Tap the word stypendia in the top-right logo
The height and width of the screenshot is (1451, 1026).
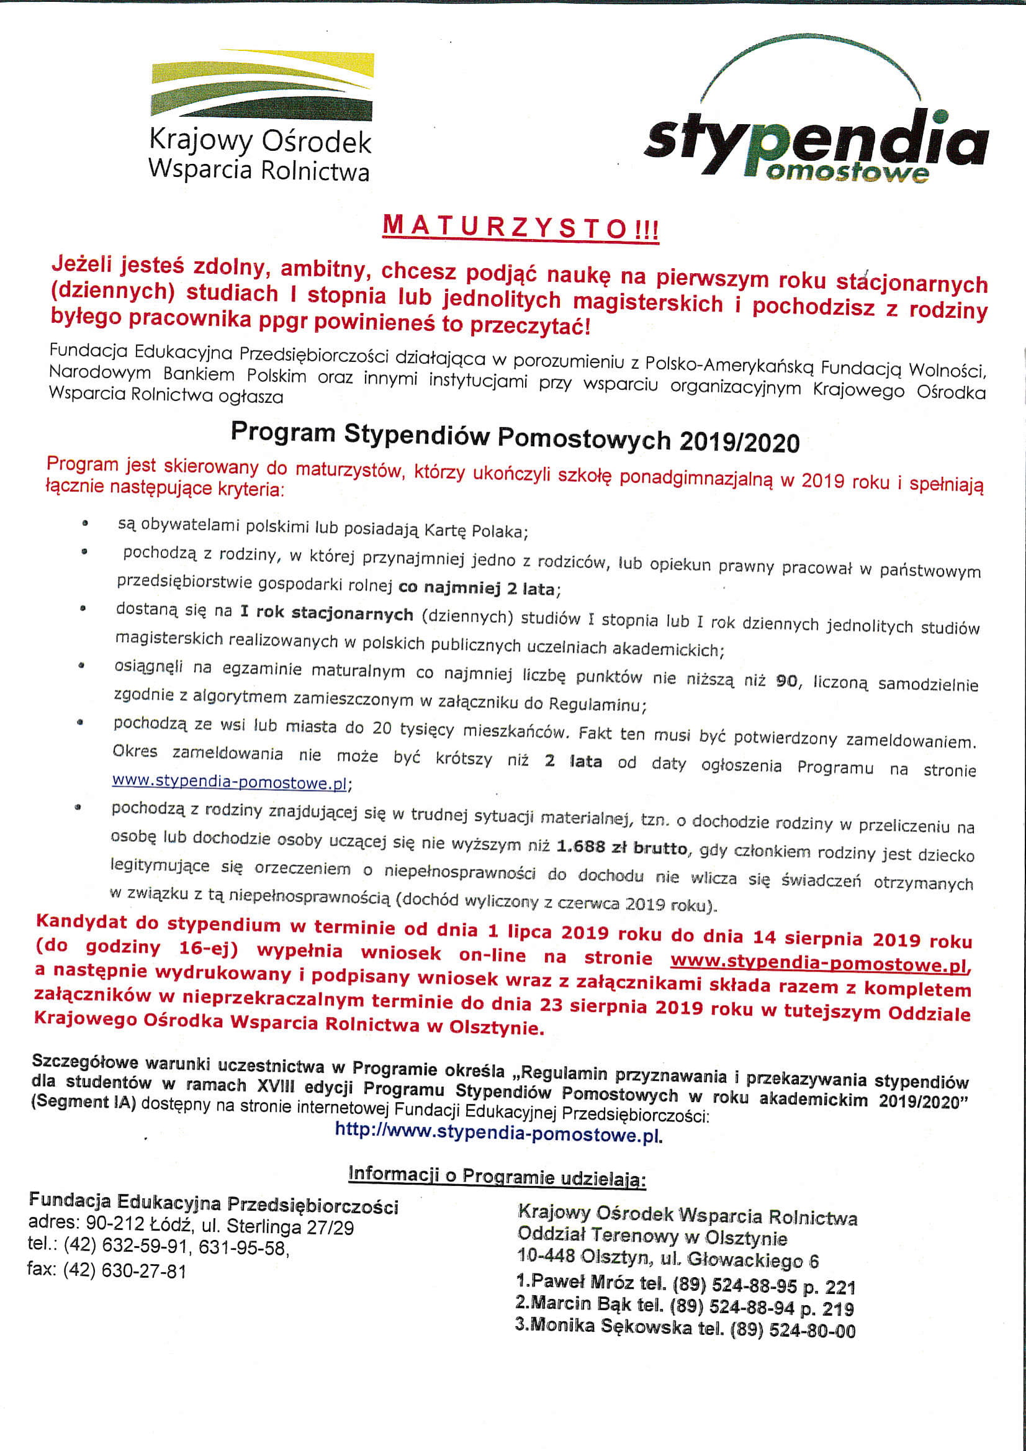click(815, 142)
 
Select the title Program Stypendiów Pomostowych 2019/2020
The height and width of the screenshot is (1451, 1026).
click(515, 436)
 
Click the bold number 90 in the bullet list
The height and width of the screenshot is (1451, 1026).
click(786, 680)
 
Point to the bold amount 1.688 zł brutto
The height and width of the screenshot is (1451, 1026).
click(622, 848)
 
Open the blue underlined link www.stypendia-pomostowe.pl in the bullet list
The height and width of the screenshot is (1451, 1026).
click(229, 782)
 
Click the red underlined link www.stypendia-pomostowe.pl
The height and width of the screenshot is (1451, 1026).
click(819, 962)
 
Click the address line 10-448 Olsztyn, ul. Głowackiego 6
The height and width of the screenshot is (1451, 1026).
click(667, 1259)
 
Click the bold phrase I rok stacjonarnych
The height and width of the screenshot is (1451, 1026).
click(326, 612)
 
